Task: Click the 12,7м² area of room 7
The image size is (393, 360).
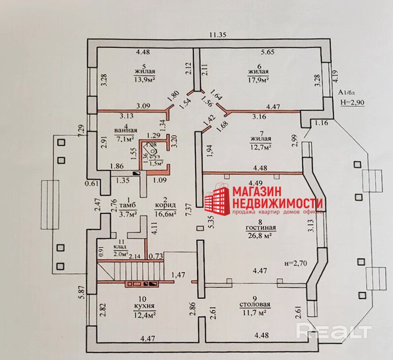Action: (260, 147)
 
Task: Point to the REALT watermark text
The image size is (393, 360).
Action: (334, 331)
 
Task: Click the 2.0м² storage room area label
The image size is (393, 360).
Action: (121, 254)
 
